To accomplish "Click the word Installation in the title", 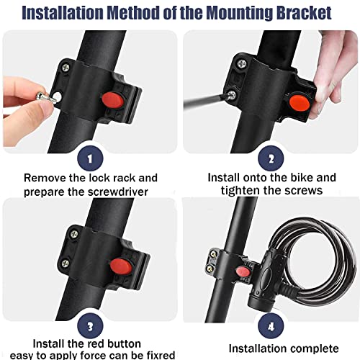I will [x=75, y=13].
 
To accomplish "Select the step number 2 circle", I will [x=271, y=158].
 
